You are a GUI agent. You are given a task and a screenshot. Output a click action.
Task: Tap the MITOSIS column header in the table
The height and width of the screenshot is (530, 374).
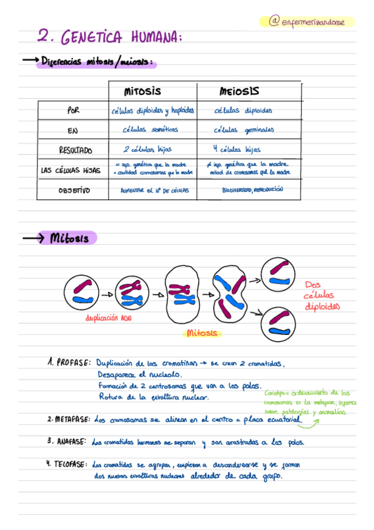143,91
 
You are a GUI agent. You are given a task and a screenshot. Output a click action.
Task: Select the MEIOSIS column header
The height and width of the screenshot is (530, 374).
239,91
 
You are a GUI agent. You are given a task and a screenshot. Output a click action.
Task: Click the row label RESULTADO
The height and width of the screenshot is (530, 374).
76,150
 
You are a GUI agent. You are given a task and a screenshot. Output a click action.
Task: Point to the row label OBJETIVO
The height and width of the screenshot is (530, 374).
74,190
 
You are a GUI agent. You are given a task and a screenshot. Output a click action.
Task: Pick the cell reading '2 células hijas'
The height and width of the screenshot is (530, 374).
147,149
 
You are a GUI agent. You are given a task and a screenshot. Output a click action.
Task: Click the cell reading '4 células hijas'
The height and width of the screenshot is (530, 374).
237,149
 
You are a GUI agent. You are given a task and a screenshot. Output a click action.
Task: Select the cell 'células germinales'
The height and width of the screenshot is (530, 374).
244,130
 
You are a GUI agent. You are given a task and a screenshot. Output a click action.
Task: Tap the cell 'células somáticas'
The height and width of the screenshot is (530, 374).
150,129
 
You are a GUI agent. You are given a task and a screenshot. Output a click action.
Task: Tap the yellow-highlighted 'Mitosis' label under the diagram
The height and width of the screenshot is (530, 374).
201,333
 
